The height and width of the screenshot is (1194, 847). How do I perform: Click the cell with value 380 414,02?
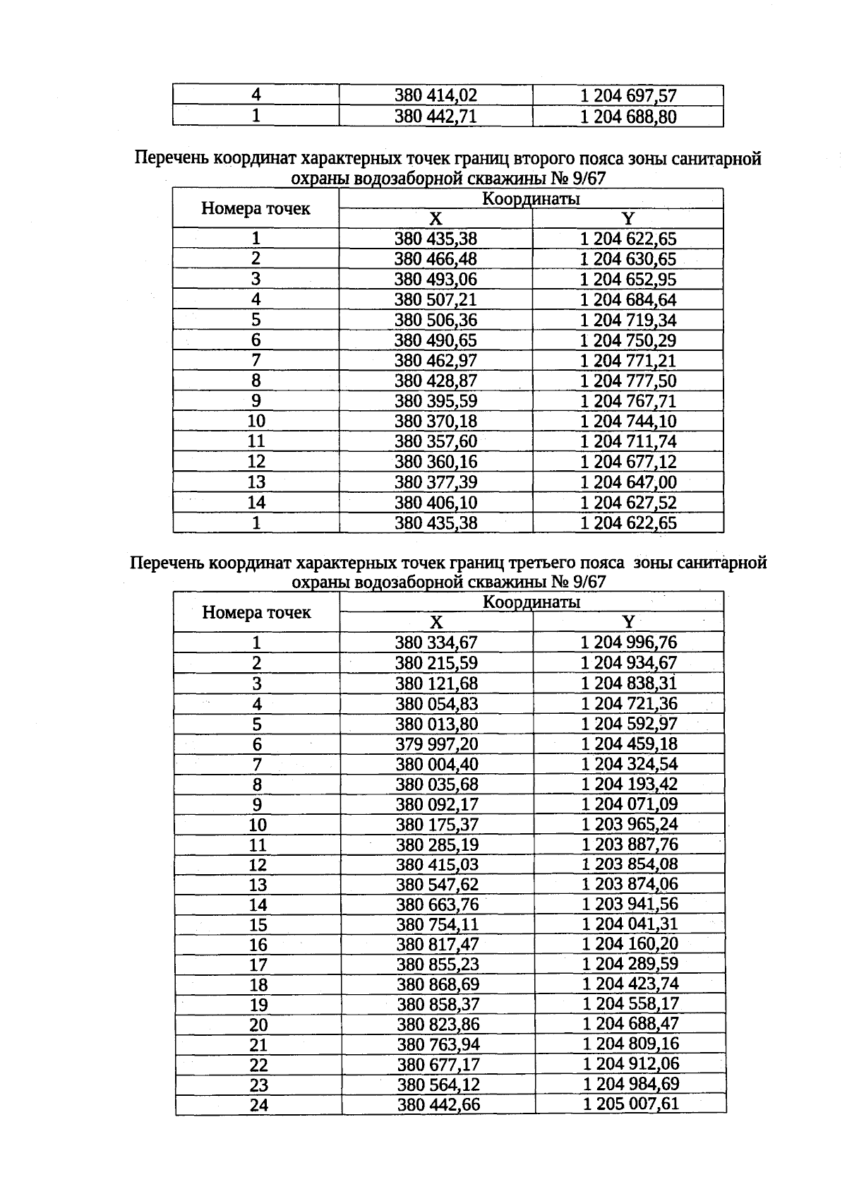point(435,95)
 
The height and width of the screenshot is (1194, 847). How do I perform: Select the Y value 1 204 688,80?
point(628,117)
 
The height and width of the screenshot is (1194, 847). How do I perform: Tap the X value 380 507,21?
point(435,299)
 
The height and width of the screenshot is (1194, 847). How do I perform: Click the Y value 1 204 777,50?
point(628,381)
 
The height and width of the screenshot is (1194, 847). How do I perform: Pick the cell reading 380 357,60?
point(435,441)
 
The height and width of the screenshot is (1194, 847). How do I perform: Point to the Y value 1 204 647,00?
point(628,482)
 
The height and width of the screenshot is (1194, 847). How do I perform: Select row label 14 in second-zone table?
point(256,503)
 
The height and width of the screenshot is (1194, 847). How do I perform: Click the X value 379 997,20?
point(437,744)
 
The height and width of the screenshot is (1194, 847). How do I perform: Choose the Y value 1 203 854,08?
point(630,865)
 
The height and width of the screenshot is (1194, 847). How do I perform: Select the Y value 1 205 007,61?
point(631,1104)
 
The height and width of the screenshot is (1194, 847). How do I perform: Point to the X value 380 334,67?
point(436,643)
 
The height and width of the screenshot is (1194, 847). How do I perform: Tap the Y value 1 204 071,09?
point(630,804)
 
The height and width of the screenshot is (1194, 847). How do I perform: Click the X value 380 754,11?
point(438,924)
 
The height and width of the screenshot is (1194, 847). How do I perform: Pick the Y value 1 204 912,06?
point(631,1064)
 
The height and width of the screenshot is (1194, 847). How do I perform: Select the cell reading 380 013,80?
point(437,724)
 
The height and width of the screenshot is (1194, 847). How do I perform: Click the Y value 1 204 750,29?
point(628,340)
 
